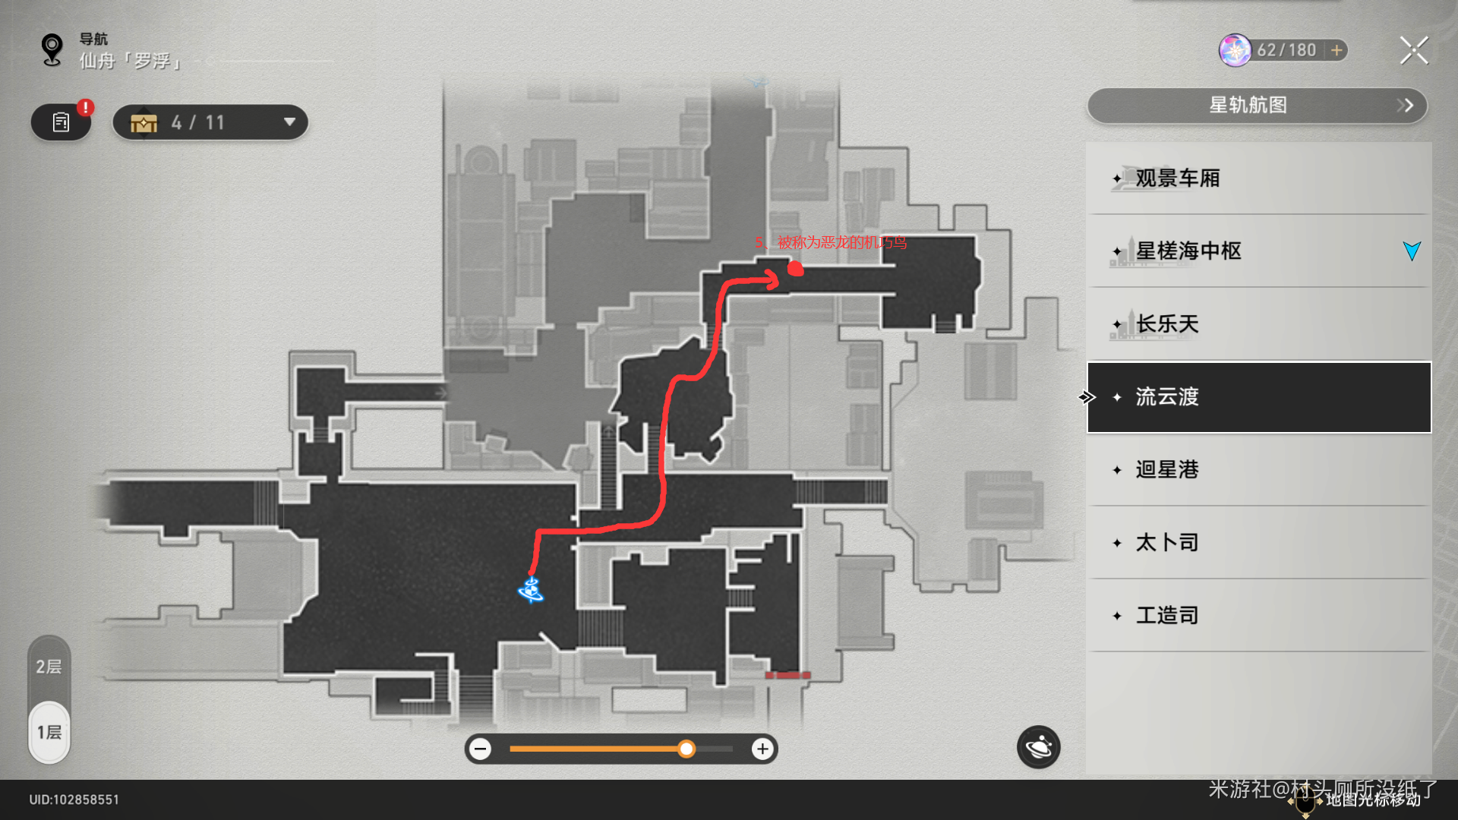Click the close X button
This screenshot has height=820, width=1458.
point(1413,51)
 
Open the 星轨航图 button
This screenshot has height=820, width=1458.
point(1257,106)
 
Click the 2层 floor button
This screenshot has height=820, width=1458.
point(49,667)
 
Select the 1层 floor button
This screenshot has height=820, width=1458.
point(49,732)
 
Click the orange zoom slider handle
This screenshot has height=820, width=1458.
point(686,749)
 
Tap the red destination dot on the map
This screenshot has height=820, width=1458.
point(795,268)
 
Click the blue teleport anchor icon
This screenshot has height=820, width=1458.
point(531,590)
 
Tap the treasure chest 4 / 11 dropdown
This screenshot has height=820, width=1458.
point(210,122)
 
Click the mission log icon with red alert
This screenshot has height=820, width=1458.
point(61,122)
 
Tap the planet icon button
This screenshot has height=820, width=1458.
point(1038,748)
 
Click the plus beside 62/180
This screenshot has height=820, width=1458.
point(1336,50)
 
